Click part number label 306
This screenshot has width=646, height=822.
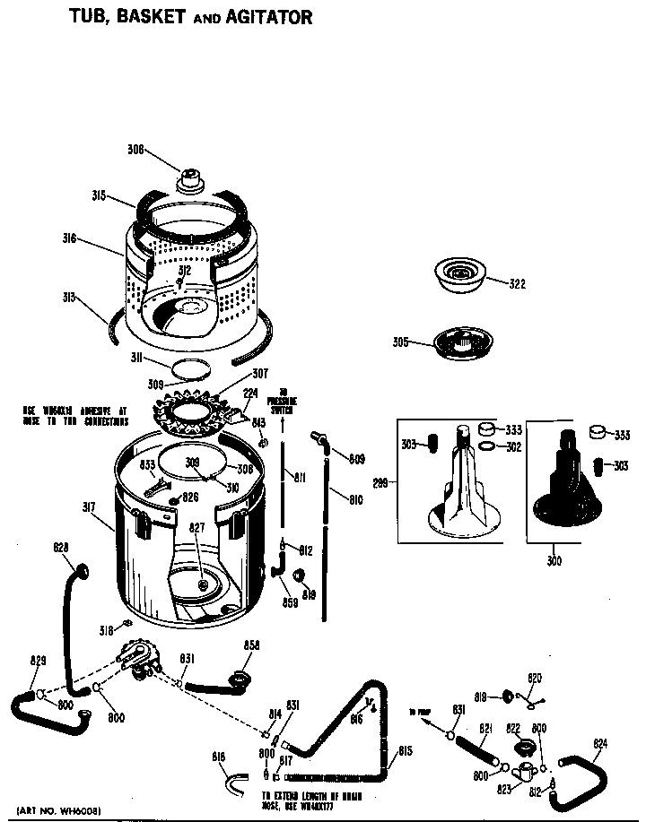pyautogui.click(x=135, y=150)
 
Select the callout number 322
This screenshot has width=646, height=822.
pyautogui.click(x=517, y=284)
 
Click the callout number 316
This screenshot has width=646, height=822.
pyautogui.click(x=95, y=238)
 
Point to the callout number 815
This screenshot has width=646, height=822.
pyautogui.click(x=405, y=750)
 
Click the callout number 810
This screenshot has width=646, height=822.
pyautogui.click(x=355, y=498)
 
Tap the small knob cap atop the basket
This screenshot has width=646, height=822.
pyautogui.click(x=189, y=177)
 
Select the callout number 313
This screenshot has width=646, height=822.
pyautogui.click(x=93, y=298)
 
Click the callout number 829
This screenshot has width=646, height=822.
pyautogui.click(x=38, y=661)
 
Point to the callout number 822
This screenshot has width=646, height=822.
pyautogui.click(x=514, y=728)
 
